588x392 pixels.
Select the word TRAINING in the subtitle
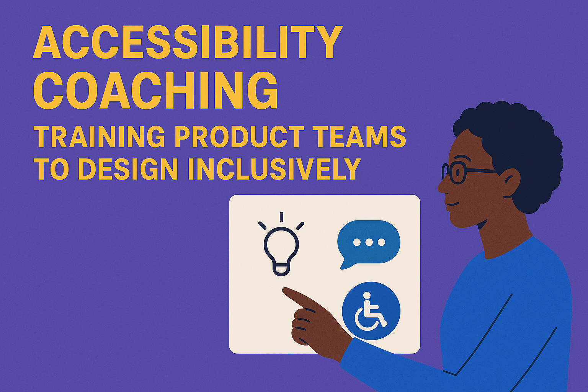(99, 137)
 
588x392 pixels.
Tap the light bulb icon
(281, 249)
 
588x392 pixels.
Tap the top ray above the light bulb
(281, 217)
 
